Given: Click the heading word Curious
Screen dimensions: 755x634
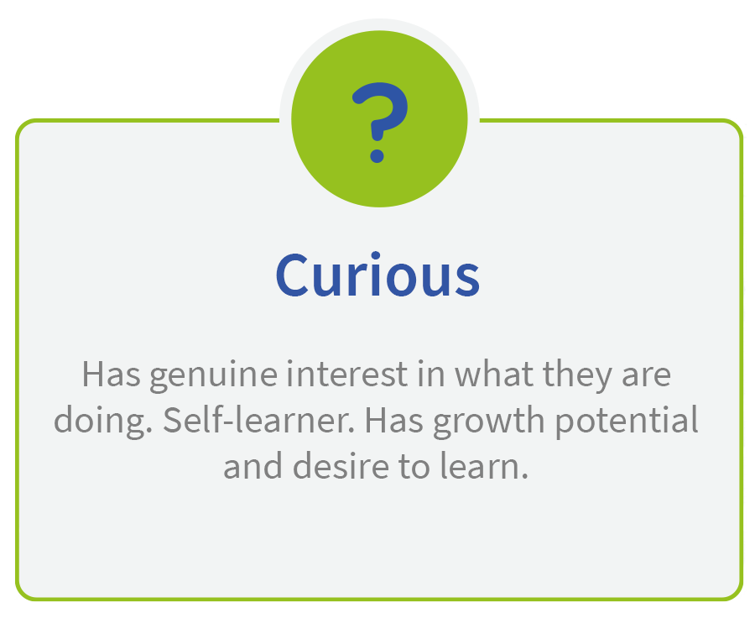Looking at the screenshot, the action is (x=377, y=275).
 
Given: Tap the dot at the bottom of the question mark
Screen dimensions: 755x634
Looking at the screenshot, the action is (x=377, y=155).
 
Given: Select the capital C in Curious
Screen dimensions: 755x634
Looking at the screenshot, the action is (x=292, y=275).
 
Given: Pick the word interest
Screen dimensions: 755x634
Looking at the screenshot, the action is (x=347, y=375).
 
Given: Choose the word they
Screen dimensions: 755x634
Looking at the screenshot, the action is (x=578, y=376).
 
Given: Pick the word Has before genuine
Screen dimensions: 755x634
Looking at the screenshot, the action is (x=112, y=375).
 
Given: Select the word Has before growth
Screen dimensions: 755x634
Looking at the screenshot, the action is (x=394, y=421).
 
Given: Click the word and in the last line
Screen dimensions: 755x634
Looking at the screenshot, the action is (x=253, y=466).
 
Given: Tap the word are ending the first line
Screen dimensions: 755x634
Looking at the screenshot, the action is (x=646, y=376).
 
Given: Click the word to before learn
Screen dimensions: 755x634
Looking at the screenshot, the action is (x=414, y=467).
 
